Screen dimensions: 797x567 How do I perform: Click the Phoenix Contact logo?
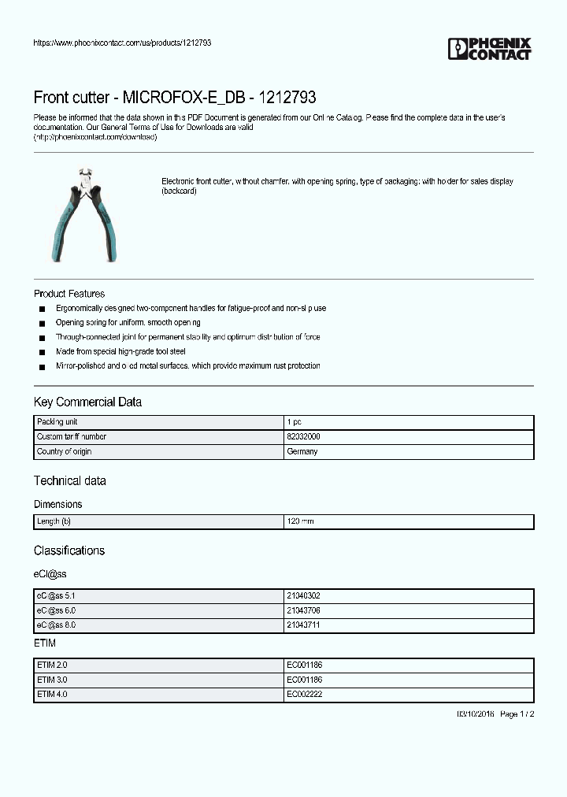[490, 49]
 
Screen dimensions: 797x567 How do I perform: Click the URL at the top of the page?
[122, 43]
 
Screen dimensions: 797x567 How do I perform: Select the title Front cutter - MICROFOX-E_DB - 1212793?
[175, 98]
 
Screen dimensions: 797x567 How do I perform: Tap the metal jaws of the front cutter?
[85, 179]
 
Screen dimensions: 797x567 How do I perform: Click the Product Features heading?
[69, 294]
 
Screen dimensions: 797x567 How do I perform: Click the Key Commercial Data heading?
[87, 402]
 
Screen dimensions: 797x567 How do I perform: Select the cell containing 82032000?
[303, 436]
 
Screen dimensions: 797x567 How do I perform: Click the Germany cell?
[302, 451]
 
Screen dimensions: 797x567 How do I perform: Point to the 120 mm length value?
[300, 521]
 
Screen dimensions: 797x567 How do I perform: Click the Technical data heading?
[69, 480]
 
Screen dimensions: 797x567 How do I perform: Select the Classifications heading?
[69, 550]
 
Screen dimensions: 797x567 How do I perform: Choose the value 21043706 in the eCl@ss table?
[303, 610]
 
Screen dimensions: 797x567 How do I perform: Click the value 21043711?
[303, 625]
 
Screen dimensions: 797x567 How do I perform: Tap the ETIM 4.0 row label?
[52, 694]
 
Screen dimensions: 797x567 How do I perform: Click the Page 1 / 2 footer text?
[517, 714]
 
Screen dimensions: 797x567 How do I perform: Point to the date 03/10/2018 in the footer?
[475, 714]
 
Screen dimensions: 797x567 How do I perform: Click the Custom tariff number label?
[72, 436]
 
